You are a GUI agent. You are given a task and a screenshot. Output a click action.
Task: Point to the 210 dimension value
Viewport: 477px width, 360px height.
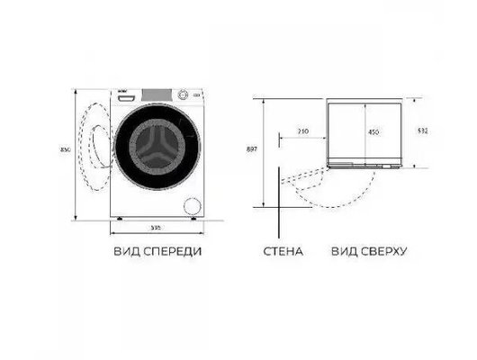click(302, 132)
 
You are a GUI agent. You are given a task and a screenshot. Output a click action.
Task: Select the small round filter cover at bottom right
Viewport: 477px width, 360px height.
click(190, 202)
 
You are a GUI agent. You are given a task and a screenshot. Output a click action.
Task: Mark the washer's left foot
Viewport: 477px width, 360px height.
click(118, 218)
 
